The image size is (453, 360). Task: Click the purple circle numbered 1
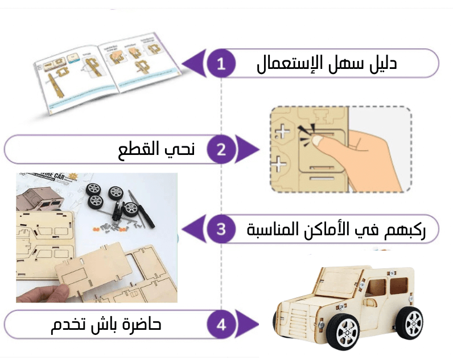tap(221, 63)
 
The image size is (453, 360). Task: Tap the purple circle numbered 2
tap(221, 149)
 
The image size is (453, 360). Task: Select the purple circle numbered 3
tap(221, 229)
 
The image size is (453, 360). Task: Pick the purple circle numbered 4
tap(221, 325)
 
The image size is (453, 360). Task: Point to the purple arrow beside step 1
tap(194, 63)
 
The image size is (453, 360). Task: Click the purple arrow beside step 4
tap(247, 324)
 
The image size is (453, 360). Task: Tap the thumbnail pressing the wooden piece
tap(341, 149)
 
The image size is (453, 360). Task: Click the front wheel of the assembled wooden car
tap(343, 332)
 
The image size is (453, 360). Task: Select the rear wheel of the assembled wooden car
tap(409, 324)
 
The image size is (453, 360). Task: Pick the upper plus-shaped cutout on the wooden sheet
tap(282, 132)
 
